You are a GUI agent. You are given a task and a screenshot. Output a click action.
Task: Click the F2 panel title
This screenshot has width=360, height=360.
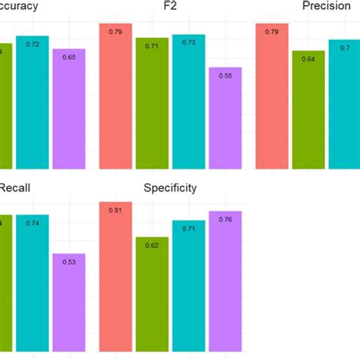[x=171, y=7]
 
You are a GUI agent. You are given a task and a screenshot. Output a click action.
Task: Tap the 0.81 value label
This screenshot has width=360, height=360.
[x=115, y=210]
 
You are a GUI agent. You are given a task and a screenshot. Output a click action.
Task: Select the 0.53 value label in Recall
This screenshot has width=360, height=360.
[x=68, y=263]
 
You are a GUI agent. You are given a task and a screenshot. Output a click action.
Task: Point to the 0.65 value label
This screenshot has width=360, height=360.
[x=68, y=58]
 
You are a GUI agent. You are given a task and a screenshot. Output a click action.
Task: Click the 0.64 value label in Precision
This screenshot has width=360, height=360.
[x=308, y=59]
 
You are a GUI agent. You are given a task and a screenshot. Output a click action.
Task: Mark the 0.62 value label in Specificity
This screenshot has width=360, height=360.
[x=152, y=245]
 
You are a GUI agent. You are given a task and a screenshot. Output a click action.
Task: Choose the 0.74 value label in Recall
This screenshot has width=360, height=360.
[x=32, y=223]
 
